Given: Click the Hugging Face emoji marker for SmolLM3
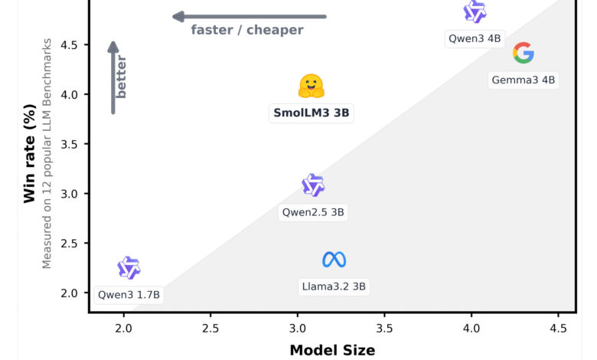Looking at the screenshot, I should point(312,86).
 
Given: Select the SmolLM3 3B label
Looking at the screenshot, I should point(312,113).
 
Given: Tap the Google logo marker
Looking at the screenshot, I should point(523,53).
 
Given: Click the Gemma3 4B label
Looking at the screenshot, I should point(524,80).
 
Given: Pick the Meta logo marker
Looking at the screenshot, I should point(334,260).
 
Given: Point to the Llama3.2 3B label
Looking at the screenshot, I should point(334,287).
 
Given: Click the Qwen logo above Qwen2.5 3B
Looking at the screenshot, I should point(313,185).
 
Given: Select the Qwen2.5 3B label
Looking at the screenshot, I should point(313,212).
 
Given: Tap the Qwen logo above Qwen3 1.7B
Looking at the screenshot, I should point(129,267).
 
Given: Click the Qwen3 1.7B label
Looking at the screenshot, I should point(129,294).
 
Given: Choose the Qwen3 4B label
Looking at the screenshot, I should point(475,37).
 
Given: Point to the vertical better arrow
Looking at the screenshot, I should point(113,77).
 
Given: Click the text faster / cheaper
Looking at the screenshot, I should point(247,31).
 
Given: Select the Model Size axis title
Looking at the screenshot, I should point(332,350).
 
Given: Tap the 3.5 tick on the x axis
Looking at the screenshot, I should point(385,329).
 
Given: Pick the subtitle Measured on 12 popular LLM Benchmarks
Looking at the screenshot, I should point(47,152).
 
